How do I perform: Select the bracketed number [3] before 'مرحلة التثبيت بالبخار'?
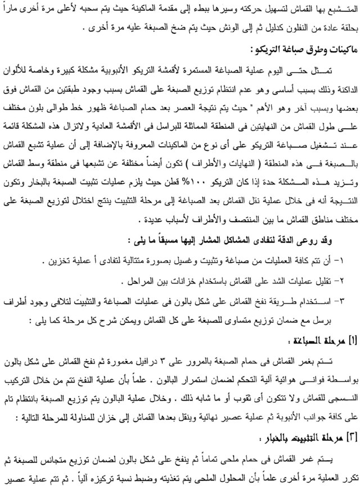pyautogui.click(x=348, y=435)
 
